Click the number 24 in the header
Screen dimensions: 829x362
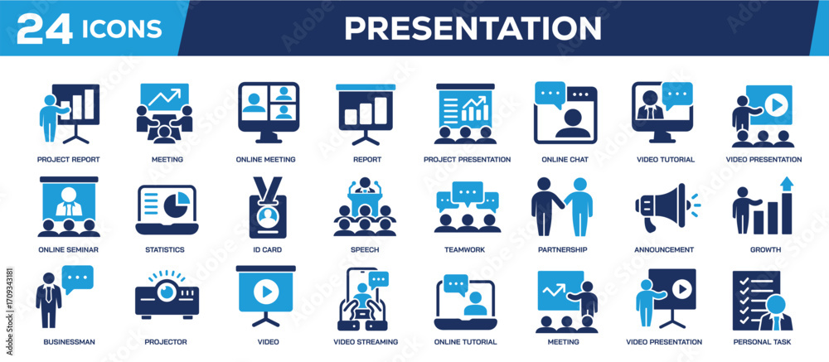[x=45, y=28]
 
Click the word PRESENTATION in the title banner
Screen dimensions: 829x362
[x=473, y=28]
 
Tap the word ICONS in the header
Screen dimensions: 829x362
[x=122, y=29]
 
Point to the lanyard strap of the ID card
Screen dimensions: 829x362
[x=268, y=186]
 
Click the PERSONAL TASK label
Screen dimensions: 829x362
[x=762, y=342]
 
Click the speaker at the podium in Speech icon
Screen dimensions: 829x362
[x=364, y=186]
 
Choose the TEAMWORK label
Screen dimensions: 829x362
[x=464, y=249]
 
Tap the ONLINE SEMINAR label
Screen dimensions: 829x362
[x=68, y=249]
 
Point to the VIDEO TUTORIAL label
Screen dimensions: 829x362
[x=666, y=160]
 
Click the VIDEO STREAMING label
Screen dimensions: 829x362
[x=366, y=342]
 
